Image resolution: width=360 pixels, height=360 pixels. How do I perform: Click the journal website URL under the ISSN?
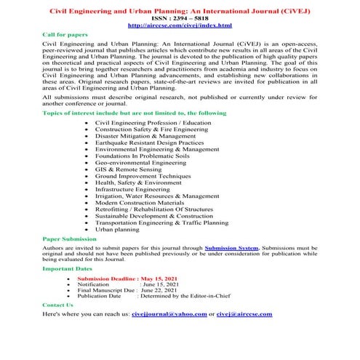pyautogui.click(x=180, y=25)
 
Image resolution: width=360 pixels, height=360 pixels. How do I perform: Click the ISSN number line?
pyautogui.click(x=180, y=18)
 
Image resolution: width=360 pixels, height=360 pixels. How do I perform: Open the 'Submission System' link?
pyautogui.click(x=232, y=247)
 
